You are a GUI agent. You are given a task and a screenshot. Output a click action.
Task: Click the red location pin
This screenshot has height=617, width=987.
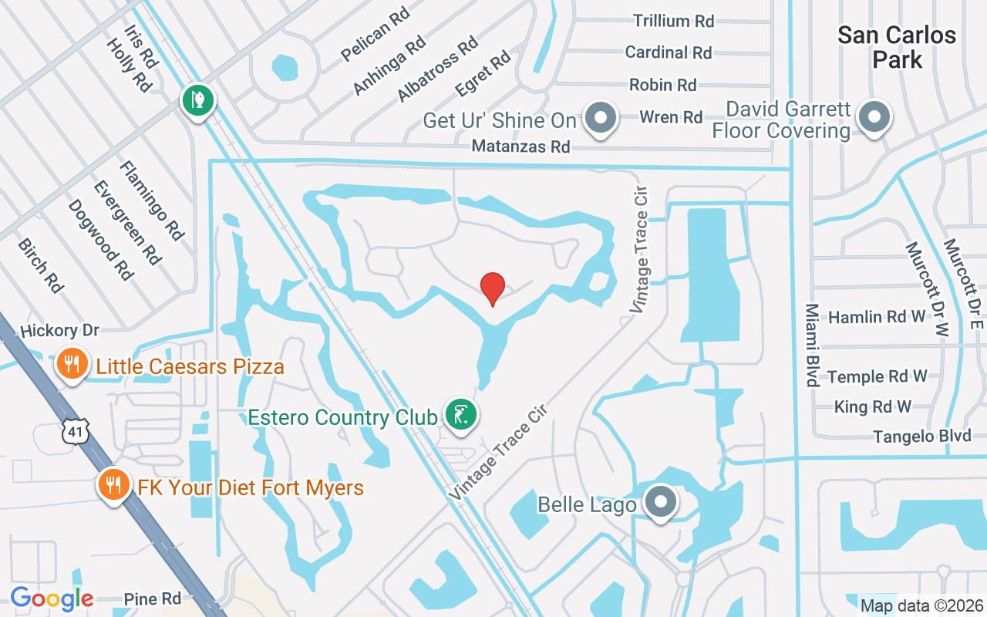pyautogui.click(x=493, y=288)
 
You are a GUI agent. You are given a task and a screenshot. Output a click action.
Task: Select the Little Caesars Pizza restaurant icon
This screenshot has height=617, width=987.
pyautogui.click(x=72, y=364)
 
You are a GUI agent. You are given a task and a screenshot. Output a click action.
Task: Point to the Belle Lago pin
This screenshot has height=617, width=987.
pyautogui.click(x=661, y=502)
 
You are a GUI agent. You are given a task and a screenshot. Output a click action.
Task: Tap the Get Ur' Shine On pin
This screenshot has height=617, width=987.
pyautogui.click(x=601, y=119)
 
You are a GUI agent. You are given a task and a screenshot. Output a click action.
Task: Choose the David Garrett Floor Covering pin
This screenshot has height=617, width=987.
pyautogui.click(x=874, y=118)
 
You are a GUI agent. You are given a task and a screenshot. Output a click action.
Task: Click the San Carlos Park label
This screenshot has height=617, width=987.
pyautogui.click(x=897, y=47)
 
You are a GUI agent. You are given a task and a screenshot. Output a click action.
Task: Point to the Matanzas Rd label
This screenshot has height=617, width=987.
pyautogui.click(x=520, y=146)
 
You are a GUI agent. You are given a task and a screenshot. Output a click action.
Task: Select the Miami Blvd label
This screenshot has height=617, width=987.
pyautogui.click(x=812, y=345)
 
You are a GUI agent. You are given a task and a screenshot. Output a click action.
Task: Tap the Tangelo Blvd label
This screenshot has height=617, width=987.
pyautogui.click(x=921, y=437)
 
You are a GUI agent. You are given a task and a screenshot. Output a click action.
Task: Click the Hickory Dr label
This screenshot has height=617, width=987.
pyautogui.click(x=59, y=331)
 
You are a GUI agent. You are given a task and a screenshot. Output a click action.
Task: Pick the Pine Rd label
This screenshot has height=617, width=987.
pyautogui.click(x=152, y=599)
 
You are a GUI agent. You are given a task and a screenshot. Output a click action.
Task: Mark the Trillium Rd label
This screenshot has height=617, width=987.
pyautogui.click(x=673, y=21)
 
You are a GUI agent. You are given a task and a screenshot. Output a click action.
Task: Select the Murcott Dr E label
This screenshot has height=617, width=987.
pyautogui.click(x=964, y=283)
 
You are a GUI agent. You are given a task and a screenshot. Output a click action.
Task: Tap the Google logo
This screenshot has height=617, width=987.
pyautogui.click(x=52, y=598)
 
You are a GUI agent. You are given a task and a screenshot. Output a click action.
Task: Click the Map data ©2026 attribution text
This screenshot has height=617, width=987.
pyautogui.click(x=921, y=605)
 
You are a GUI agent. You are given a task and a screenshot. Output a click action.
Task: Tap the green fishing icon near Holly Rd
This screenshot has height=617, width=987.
pyautogui.click(x=198, y=100)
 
